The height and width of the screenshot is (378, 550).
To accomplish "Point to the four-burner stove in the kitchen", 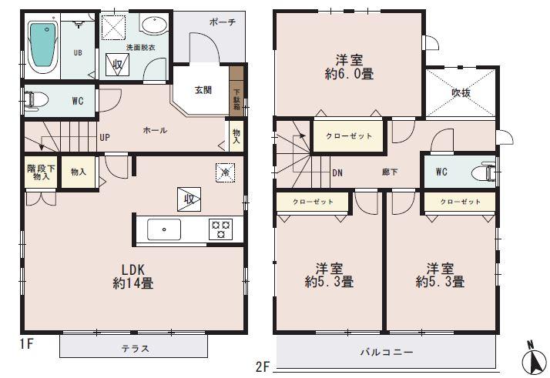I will point(222,229).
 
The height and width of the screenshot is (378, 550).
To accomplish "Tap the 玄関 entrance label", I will point(203,90).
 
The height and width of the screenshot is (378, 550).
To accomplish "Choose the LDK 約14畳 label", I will point(131,275).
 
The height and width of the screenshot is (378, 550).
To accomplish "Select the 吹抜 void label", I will point(461,92).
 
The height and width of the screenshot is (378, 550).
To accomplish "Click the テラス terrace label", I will point(134,348).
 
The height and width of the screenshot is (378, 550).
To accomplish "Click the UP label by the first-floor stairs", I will point(104,138).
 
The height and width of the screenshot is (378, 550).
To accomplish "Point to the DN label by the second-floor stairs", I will point(337,172).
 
